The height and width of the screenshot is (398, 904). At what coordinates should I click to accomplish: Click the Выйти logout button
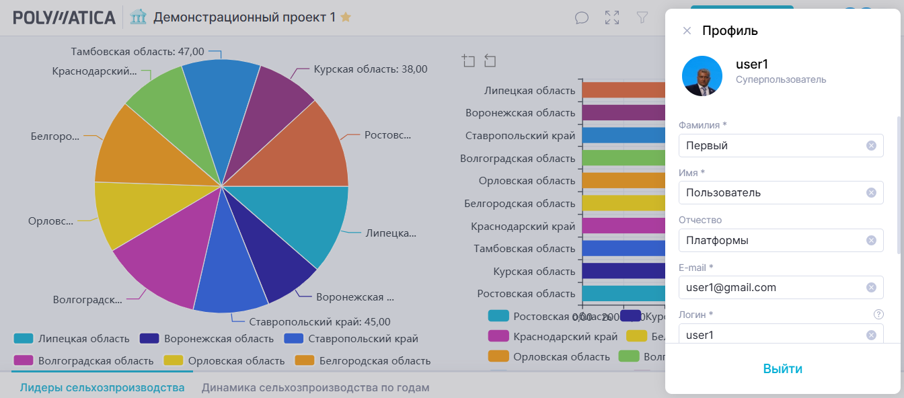pyautogui.click(x=782, y=368)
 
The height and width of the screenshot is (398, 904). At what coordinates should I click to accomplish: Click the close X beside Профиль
pyautogui.click(x=687, y=30)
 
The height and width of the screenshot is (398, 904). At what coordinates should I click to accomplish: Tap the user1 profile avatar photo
pyautogui.click(x=702, y=76)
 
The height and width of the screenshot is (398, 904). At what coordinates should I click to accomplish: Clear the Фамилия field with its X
pyautogui.click(x=871, y=145)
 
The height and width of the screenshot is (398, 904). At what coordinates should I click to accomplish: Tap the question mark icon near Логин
pyautogui.click(x=878, y=314)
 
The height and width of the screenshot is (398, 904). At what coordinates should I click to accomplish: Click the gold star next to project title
pyautogui.click(x=346, y=17)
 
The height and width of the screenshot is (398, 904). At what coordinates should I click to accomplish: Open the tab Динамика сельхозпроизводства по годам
pyautogui.click(x=315, y=387)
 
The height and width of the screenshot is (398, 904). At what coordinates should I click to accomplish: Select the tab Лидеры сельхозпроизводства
pyautogui.click(x=102, y=387)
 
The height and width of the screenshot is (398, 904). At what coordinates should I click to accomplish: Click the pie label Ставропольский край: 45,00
pyautogui.click(x=319, y=321)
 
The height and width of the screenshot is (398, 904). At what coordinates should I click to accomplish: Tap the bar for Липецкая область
pyautogui.click(x=623, y=90)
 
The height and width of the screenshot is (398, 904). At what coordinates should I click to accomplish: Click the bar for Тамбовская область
pyautogui.click(x=623, y=248)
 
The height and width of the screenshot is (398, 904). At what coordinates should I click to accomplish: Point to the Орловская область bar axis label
pyautogui.click(x=527, y=181)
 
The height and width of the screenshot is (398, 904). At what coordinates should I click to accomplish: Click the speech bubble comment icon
pyautogui.click(x=582, y=18)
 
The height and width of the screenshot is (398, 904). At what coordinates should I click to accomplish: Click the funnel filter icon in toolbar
pyautogui.click(x=642, y=18)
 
